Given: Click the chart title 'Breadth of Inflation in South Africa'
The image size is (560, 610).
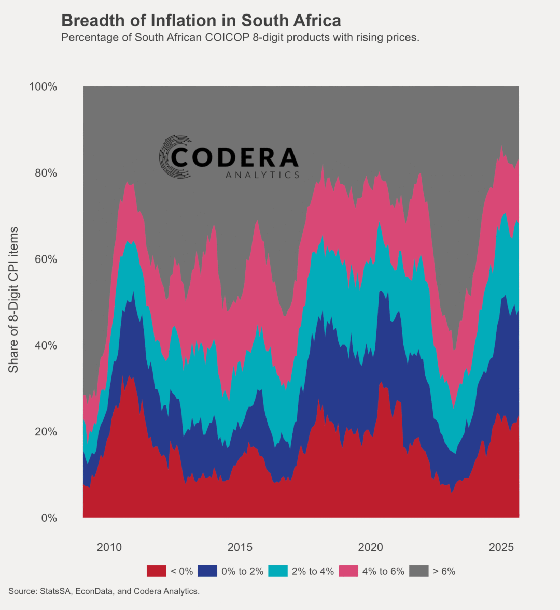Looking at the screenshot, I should click(x=201, y=21).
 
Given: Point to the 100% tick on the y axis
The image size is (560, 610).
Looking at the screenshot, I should click(x=43, y=86).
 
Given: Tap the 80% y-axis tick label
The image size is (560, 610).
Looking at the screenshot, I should click(x=46, y=173).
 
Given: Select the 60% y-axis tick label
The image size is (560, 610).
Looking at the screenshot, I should click(x=46, y=259).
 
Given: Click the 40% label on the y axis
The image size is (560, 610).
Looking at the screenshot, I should click(x=46, y=345).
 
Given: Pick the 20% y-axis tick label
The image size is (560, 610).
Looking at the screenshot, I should click(x=46, y=432).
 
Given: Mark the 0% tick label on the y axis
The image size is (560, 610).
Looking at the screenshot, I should click(x=49, y=518).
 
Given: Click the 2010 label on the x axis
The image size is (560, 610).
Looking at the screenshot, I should click(x=109, y=547).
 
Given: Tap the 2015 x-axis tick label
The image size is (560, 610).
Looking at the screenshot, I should click(x=240, y=547).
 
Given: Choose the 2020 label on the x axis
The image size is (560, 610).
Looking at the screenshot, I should click(x=371, y=547).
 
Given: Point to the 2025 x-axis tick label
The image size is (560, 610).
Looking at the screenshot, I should click(x=501, y=547).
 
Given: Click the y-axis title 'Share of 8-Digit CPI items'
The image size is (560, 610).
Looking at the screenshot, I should click(x=13, y=299).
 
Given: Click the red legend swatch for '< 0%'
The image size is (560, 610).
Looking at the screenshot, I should click(x=156, y=571).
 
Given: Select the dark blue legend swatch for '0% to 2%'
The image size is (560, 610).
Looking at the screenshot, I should click(x=207, y=571).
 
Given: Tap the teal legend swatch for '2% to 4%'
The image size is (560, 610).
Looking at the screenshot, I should click(x=278, y=571).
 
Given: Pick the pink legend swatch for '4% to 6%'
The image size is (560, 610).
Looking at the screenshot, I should click(x=348, y=571).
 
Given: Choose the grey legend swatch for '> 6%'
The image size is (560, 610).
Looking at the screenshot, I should click(x=418, y=571).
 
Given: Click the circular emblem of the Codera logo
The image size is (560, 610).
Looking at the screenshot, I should click(x=175, y=157).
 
